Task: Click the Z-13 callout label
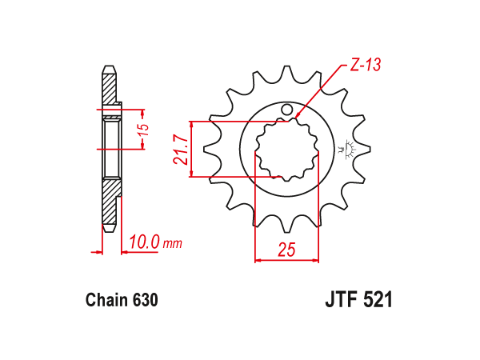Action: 366,65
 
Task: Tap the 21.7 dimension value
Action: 181,150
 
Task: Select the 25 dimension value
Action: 287,249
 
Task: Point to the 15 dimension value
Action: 143,130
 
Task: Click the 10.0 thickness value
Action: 144,242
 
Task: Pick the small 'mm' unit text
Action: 173,244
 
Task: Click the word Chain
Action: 106,300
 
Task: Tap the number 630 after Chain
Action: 146,300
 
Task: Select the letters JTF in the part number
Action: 342,299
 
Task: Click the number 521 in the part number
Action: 378,299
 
